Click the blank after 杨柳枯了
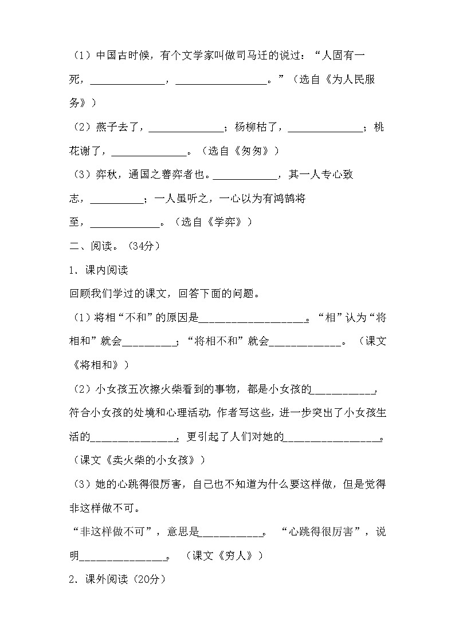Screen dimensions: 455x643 [x=325, y=127]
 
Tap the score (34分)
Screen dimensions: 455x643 [x=142, y=246]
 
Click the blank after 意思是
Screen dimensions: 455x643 [x=230, y=532]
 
